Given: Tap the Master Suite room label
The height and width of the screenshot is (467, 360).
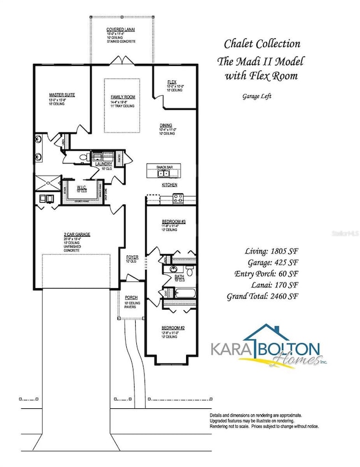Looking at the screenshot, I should [x=61, y=95].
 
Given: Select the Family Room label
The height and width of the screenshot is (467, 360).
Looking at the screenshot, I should [x=123, y=97].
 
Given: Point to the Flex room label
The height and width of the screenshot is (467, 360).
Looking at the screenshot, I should [x=172, y=83].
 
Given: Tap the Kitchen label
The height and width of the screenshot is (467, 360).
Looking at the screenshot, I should [x=169, y=184].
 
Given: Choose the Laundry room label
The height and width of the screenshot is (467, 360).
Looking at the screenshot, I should [x=104, y=164].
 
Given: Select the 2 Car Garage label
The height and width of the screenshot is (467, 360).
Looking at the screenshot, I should [x=77, y=234].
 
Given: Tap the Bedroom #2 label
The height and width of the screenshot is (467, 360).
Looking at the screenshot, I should [x=171, y=327].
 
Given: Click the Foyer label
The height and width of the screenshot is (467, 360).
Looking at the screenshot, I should [x=132, y=258].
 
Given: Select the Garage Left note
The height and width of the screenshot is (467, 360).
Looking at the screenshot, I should [x=256, y=95].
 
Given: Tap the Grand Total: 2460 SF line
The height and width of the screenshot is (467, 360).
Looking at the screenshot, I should [x=263, y=296].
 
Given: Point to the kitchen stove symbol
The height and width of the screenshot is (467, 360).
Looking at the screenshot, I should [x=178, y=197].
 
